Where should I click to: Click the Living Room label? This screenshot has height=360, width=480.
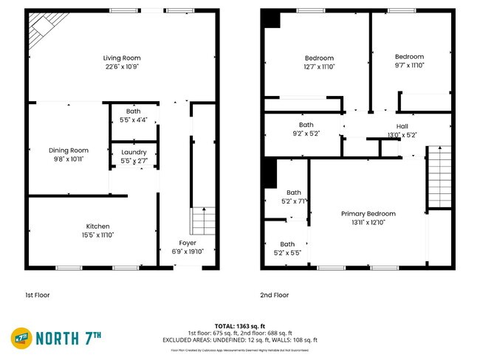pyautogui.click(x=121, y=58)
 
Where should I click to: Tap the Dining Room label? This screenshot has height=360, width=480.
pyautogui.click(x=68, y=150)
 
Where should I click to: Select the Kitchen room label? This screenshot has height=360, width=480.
pyautogui.click(x=97, y=226)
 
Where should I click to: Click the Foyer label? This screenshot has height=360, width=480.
pyautogui.click(x=188, y=243)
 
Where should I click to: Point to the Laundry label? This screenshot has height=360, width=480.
pyautogui.click(x=133, y=152)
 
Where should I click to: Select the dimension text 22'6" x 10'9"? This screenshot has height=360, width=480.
pyautogui.click(x=121, y=66)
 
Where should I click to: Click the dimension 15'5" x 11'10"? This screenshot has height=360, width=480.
pyautogui.click(x=97, y=235)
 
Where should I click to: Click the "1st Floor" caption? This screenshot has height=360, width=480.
pyautogui.click(x=38, y=295)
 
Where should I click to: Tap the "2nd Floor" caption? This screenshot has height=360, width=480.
pyautogui.click(x=274, y=295)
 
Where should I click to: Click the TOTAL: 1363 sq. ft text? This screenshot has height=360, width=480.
pyautogui.click(x=239, y=325)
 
